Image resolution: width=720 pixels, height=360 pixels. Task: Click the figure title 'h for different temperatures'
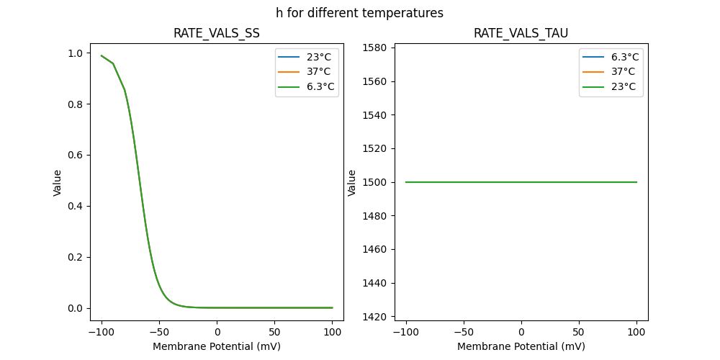(x=359, y=13)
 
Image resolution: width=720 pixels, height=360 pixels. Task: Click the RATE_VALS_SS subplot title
(x=217, y=33)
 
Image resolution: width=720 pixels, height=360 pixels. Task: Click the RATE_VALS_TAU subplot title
(x=521, y=33)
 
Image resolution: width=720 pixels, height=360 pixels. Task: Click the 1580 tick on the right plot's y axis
(x=377, y=48)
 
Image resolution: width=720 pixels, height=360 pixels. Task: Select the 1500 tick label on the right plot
(x=377, y=182)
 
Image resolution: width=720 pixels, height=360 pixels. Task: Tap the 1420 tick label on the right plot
(x=377, y=317)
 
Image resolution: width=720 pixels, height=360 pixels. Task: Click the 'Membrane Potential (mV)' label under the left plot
(x=217, y=346)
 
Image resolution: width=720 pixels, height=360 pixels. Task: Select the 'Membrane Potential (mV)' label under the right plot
(x=521, y=346)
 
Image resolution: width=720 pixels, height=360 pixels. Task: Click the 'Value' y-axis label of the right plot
(x=352, y=183)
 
